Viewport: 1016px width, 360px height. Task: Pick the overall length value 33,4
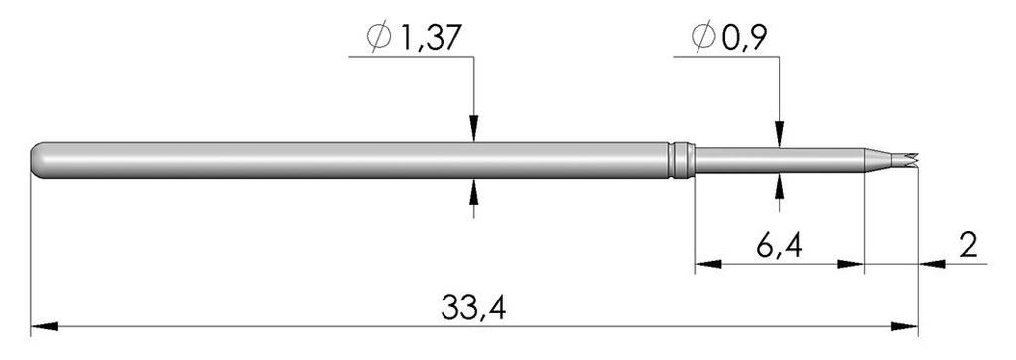(474, 306)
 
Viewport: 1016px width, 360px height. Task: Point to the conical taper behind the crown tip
(877, 159)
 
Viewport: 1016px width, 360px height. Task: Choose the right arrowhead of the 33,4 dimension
(906, 325)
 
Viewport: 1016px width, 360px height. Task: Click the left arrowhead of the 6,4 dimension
(704, 264)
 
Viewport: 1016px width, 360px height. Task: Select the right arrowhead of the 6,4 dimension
(853, 264)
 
